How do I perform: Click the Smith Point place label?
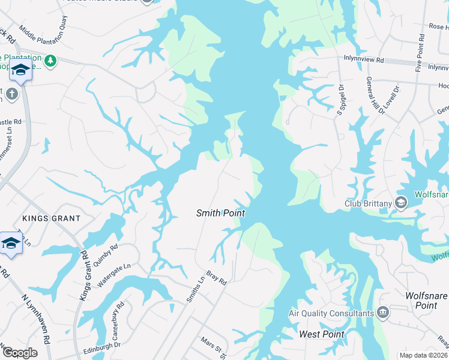pyautogui.click(x=221, y=213)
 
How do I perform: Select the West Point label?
pyautogui.click(x=322, y=334)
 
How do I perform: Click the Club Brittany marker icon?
pyautogui.click(x=401, y=203)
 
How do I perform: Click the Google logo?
pyautogui.click(x=19, y=353)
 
